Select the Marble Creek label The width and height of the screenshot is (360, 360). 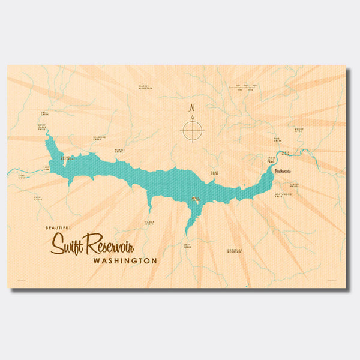click(119, 151)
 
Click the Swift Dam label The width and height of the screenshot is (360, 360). click(46, 167)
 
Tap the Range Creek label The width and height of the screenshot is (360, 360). click(149, 223)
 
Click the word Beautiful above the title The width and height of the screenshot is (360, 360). click(58, 229)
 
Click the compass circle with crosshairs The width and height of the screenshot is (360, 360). click(193, 130)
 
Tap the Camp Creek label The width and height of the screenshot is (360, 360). click(215, 173)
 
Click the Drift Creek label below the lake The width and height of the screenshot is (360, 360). click(187, 246)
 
